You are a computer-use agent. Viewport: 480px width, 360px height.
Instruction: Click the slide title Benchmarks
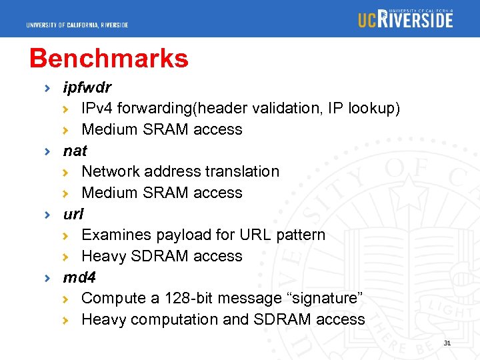pyautogui.click(x=109, y=59)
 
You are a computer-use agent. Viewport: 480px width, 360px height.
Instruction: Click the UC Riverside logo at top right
pyautogui.click(x=405, y=19)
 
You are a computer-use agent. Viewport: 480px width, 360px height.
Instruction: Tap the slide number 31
pyautogui.click(x=447, y=343)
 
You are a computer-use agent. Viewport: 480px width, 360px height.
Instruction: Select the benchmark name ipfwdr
pyautogui.click(x=87, y=87)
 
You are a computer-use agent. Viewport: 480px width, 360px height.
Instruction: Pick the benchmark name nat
pyautogui.click(x=75, y=151)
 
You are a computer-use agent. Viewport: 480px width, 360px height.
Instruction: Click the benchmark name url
pyautogui.click(x=73, y=214)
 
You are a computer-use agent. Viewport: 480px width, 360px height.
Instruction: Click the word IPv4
pyautogui.click(x=97, y=108)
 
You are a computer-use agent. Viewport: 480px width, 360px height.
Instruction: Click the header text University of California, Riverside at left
pyautogui.click(x=77, y=25)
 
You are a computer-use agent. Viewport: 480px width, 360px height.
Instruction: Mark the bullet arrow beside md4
pyautogui.click(x=47, y=277)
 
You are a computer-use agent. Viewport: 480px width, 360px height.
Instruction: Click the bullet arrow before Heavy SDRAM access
pyautogui.click(x=65, y=257)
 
